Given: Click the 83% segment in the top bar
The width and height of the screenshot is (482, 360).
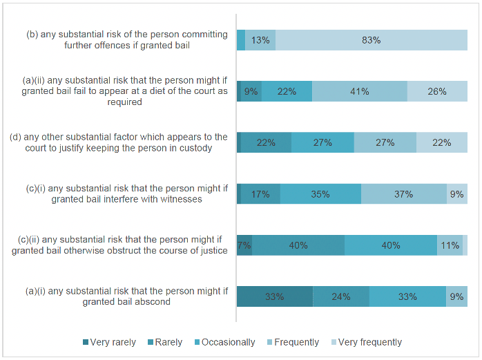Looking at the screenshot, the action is pos(372,40).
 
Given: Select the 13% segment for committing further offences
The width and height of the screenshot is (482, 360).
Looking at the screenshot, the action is pos(260,40).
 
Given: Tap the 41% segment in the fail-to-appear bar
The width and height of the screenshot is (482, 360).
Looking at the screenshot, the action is pos(360,91).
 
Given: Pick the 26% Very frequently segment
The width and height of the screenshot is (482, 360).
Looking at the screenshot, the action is pos(437,91).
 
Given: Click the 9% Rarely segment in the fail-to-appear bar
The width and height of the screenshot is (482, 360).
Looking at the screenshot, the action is pos(251,91).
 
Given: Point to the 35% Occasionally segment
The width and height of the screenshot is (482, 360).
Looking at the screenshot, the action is pos(320,194).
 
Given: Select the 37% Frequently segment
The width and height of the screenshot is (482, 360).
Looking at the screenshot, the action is pos(404,194).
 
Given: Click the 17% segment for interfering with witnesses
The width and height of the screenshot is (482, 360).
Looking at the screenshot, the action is pos(260,194).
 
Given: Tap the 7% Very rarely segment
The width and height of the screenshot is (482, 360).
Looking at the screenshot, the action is pos(244,245).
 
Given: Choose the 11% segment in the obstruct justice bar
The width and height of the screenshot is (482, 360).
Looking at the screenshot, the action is pos(450,245).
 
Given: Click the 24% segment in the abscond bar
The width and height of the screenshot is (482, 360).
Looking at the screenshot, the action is pos(341,296).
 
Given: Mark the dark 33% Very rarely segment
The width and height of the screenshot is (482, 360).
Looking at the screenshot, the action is pos(275,296).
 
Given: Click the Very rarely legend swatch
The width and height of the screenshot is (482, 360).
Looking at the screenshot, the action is pos(86,342).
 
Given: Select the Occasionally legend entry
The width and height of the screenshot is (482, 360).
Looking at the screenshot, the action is pos(225,342).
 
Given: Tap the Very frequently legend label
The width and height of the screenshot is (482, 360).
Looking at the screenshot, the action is pos(370,342).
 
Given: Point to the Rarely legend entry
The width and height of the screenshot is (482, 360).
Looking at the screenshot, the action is pos(165,342).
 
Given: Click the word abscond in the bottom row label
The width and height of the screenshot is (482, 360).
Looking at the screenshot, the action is pos(153,301).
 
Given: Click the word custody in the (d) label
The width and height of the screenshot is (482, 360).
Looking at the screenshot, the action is pos(196,148).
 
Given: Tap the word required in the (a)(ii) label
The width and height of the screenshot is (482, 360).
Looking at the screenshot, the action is pos(124,102).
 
